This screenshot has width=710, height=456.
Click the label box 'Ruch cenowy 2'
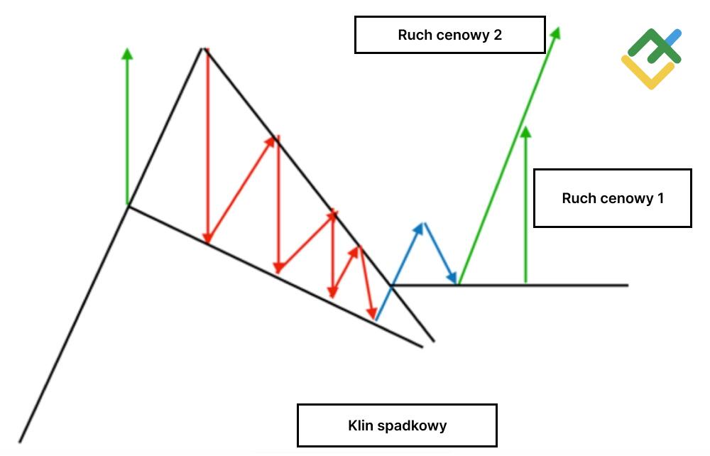pos(449,35)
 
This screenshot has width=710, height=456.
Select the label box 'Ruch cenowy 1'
pos(612,198)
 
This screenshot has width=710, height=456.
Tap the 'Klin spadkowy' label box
pos(397,425)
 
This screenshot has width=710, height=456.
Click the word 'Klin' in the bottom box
pos(361,425)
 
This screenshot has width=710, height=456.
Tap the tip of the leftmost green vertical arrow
pos(128,50)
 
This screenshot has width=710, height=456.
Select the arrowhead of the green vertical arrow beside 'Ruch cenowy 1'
pos(525,130)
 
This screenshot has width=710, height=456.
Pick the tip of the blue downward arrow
pos(457,282)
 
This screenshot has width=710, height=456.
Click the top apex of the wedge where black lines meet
pos(204,48)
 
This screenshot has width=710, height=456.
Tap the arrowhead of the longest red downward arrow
pos(207,240)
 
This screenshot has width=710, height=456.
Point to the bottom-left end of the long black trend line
pos(20,441)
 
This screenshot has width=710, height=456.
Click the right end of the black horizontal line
pos(628,285)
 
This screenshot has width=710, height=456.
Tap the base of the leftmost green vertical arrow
pos(128,205)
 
